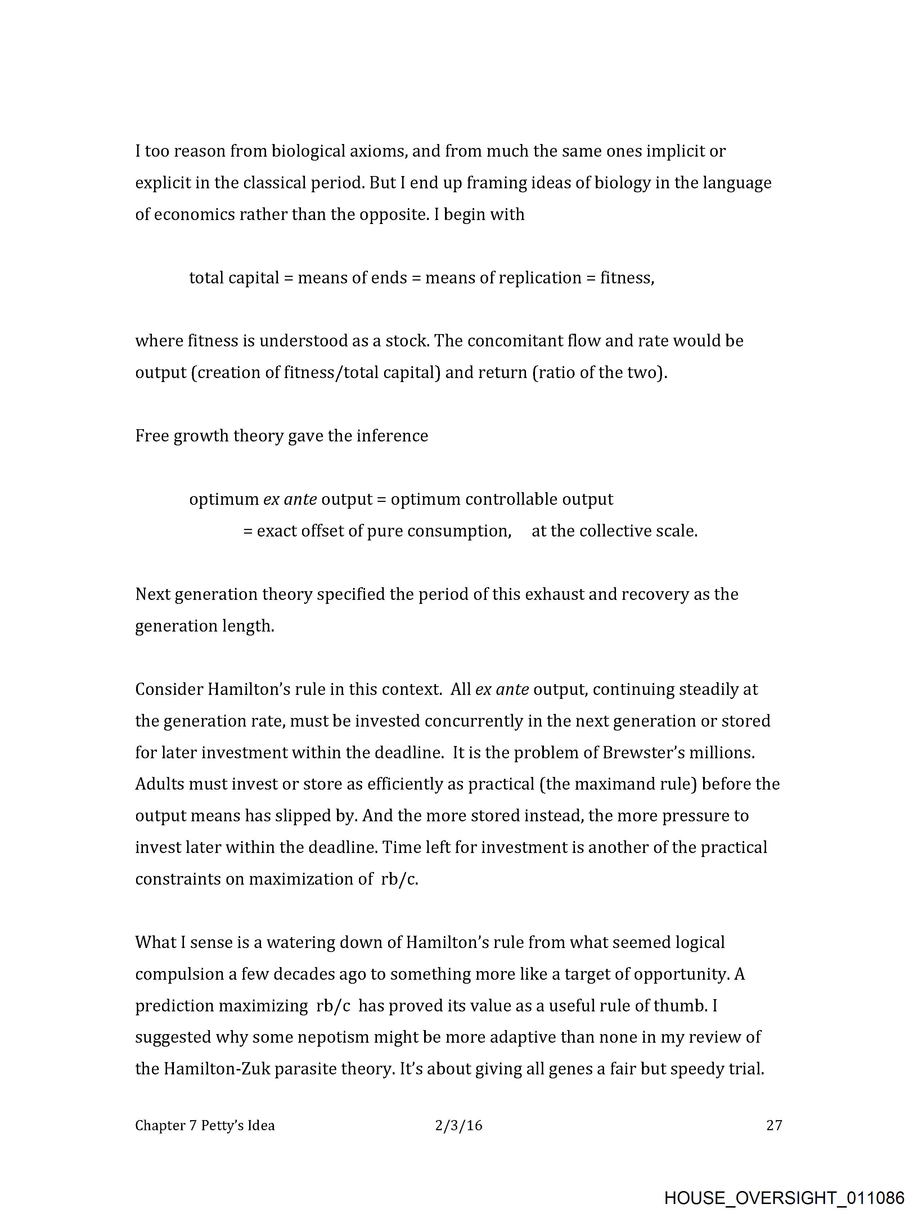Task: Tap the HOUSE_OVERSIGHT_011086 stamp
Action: [784, 1197]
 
